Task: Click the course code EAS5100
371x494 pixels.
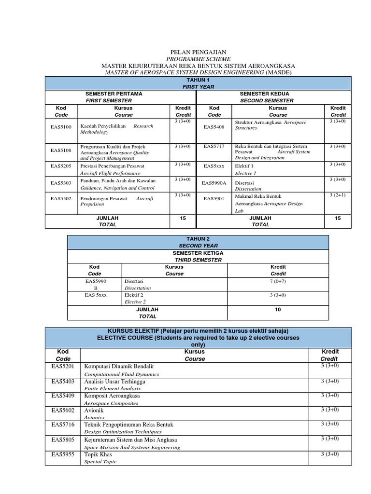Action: click(x=61, y=127)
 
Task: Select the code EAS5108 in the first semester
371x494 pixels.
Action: click(x=61, y=150)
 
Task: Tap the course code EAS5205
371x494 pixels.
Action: click(x=61, y=166)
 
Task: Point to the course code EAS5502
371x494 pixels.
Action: click(x=61, y=198)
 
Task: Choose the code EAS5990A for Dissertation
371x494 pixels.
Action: click(x=214, y=183)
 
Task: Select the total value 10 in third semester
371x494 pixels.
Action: click(x=278, y=309)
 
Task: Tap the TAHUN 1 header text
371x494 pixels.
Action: click(x=198, y=80)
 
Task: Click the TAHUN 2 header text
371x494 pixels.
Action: click(x=198, y=239)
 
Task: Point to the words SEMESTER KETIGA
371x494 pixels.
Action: click(x=198, y=253)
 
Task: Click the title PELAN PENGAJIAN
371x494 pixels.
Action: click(x=198, y=52)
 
